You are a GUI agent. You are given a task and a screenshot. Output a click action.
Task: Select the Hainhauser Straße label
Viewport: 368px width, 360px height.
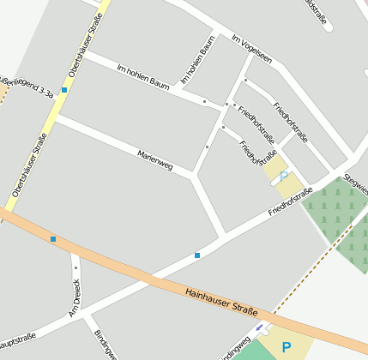(221, 305)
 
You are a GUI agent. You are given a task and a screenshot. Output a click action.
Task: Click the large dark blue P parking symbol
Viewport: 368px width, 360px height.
(287, 348)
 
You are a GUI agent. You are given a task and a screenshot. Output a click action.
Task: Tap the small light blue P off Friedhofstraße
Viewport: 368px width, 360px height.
(284, 177)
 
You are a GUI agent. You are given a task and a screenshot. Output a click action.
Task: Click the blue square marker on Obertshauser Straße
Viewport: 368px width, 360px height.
(64, 89)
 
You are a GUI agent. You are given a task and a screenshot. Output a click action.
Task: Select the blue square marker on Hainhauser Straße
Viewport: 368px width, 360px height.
(53, 238)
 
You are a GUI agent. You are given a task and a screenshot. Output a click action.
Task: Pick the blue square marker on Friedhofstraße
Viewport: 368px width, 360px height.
(197, 255)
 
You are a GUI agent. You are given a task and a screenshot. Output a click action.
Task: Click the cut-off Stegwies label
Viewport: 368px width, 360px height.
(355, 181)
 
